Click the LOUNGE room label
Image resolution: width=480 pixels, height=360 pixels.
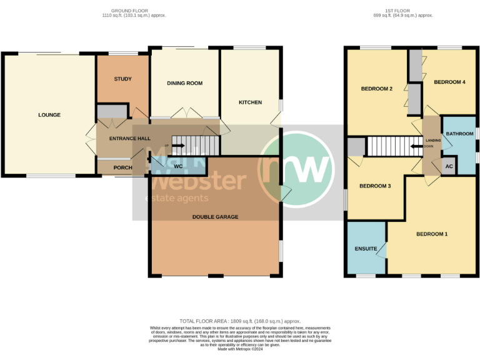[x=49, y=115]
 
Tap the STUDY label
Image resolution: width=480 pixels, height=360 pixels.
[x=122, y=79]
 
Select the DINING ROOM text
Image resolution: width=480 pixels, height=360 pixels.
[x=184, y=83]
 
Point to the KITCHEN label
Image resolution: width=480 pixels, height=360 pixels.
[x=250, y=102]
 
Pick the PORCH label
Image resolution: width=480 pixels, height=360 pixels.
[x=122, y=167]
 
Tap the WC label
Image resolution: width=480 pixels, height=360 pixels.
[x=178, y=167]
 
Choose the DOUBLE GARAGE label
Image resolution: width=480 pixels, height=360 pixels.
[x=215, y=217]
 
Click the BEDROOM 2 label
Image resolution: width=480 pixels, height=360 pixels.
[x=377, y=89]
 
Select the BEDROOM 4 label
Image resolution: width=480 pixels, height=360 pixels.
[x=450, y=82]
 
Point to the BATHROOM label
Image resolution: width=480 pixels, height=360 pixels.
[x=459, y=134]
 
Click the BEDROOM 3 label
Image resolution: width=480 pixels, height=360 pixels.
[x=376, y=186]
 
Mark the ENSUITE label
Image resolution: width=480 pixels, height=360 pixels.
[x=366, y=249]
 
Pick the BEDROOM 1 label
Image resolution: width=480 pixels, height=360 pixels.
[x=432, y=234]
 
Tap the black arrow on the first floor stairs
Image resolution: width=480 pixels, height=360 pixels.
[x=415, y=147]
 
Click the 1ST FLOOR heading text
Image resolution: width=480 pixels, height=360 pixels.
[x=399, y=11]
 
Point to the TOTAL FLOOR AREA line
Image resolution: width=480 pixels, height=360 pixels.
[x=240, y=321]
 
